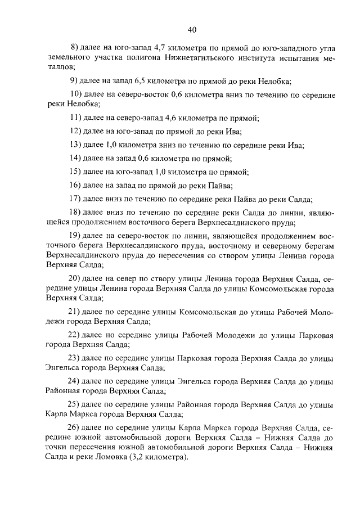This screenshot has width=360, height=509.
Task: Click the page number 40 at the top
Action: [192, 29]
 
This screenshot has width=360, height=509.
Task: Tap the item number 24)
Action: [75, 381]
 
